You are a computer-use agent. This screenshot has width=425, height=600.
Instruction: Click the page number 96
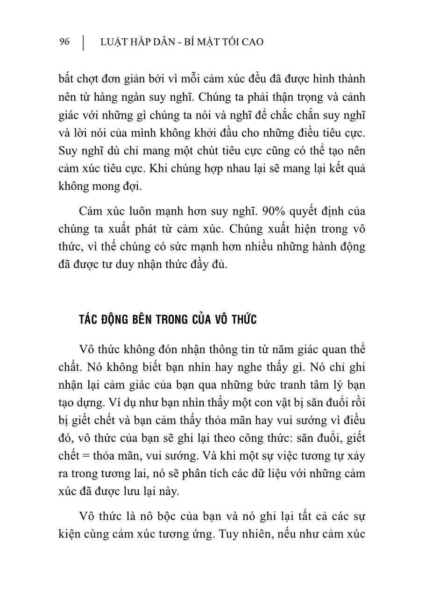click(x=64, y=42)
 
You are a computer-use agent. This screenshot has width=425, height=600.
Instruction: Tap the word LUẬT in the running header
click(x=113, y=42)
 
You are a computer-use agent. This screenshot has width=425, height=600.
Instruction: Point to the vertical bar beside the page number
click(x=83, y=42)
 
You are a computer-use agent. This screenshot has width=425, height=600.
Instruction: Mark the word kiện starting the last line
click(x=69, y=535)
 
